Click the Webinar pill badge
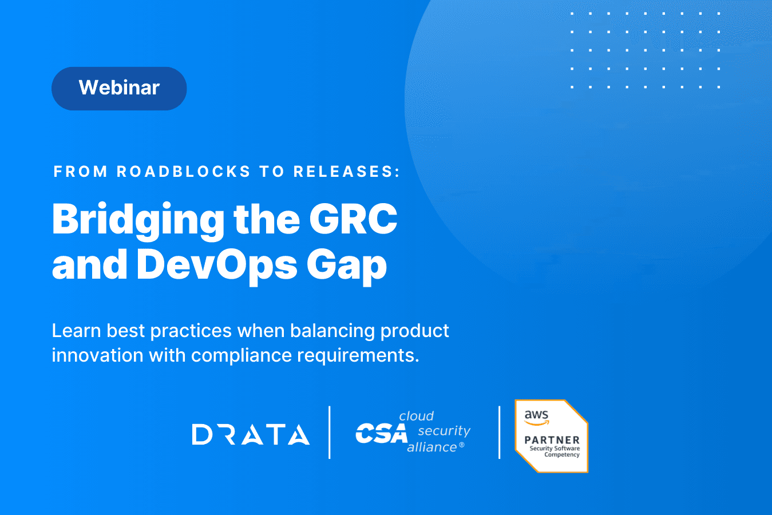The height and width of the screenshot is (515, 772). (x=119, y=89)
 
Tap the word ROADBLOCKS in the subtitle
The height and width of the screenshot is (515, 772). (x=184, y=172)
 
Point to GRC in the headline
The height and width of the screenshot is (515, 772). (x=353, y=219)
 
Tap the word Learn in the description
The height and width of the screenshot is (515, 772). (x=76, y=331)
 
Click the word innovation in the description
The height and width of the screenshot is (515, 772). (x=97, y=355)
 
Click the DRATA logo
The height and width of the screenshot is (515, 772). (x=251, y=434)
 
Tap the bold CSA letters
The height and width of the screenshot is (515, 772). (x=382, y=433)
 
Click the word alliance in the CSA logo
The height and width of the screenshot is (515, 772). (x=433, y=447)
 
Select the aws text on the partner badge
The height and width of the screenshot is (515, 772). (x=536, y=415)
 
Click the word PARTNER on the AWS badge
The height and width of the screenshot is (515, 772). (x=552, y=440)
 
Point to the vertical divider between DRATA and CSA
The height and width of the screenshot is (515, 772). (x=330, y=432)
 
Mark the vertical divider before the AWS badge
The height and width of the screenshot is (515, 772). (x=500, y=432)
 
